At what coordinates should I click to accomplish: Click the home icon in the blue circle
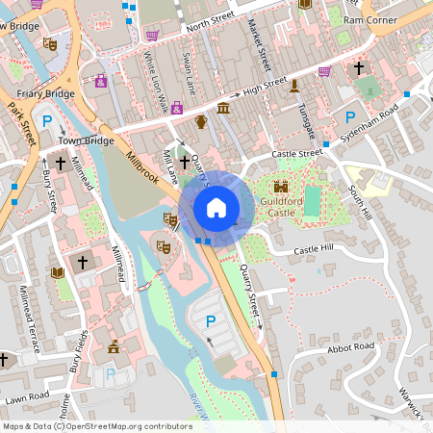point(216,207)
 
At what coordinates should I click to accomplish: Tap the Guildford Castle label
point(281,205)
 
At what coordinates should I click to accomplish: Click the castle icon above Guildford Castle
point(281,186)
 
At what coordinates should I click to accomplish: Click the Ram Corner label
point(369,19)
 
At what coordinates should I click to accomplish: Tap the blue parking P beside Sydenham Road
point(349,119)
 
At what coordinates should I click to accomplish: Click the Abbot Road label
point(350,347)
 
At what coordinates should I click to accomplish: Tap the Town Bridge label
point(80,140)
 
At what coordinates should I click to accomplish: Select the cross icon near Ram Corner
point(359,68)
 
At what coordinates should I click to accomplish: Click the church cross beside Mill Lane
point(184,164)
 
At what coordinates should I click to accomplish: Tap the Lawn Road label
point(26,395)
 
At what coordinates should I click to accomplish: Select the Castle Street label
point(296,153)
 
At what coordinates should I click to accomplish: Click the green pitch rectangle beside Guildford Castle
point(312,201)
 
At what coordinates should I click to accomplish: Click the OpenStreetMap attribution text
point(96,425)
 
